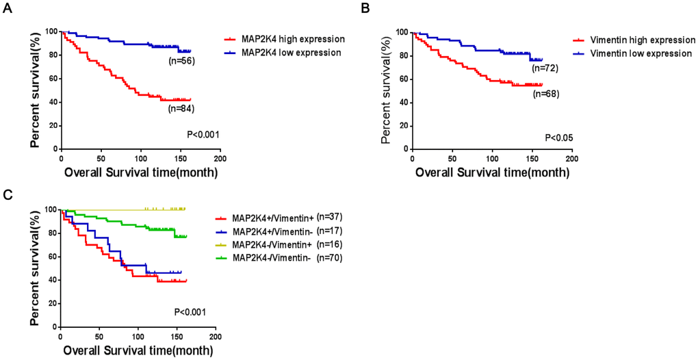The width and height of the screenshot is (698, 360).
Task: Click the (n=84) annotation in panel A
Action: coord(181,107)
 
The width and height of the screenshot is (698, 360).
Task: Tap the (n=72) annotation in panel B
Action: coord(545,68)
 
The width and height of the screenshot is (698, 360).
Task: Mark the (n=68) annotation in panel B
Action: coord(545,94)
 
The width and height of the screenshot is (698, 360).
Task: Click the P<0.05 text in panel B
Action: coord(558,138)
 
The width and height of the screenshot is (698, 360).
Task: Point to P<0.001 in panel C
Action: coord(190,313)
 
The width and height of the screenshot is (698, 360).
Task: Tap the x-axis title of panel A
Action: coord(141,172)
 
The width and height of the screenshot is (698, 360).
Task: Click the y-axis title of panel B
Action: coord(386,86)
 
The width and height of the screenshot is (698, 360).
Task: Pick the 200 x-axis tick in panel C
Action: coord(216,338)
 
